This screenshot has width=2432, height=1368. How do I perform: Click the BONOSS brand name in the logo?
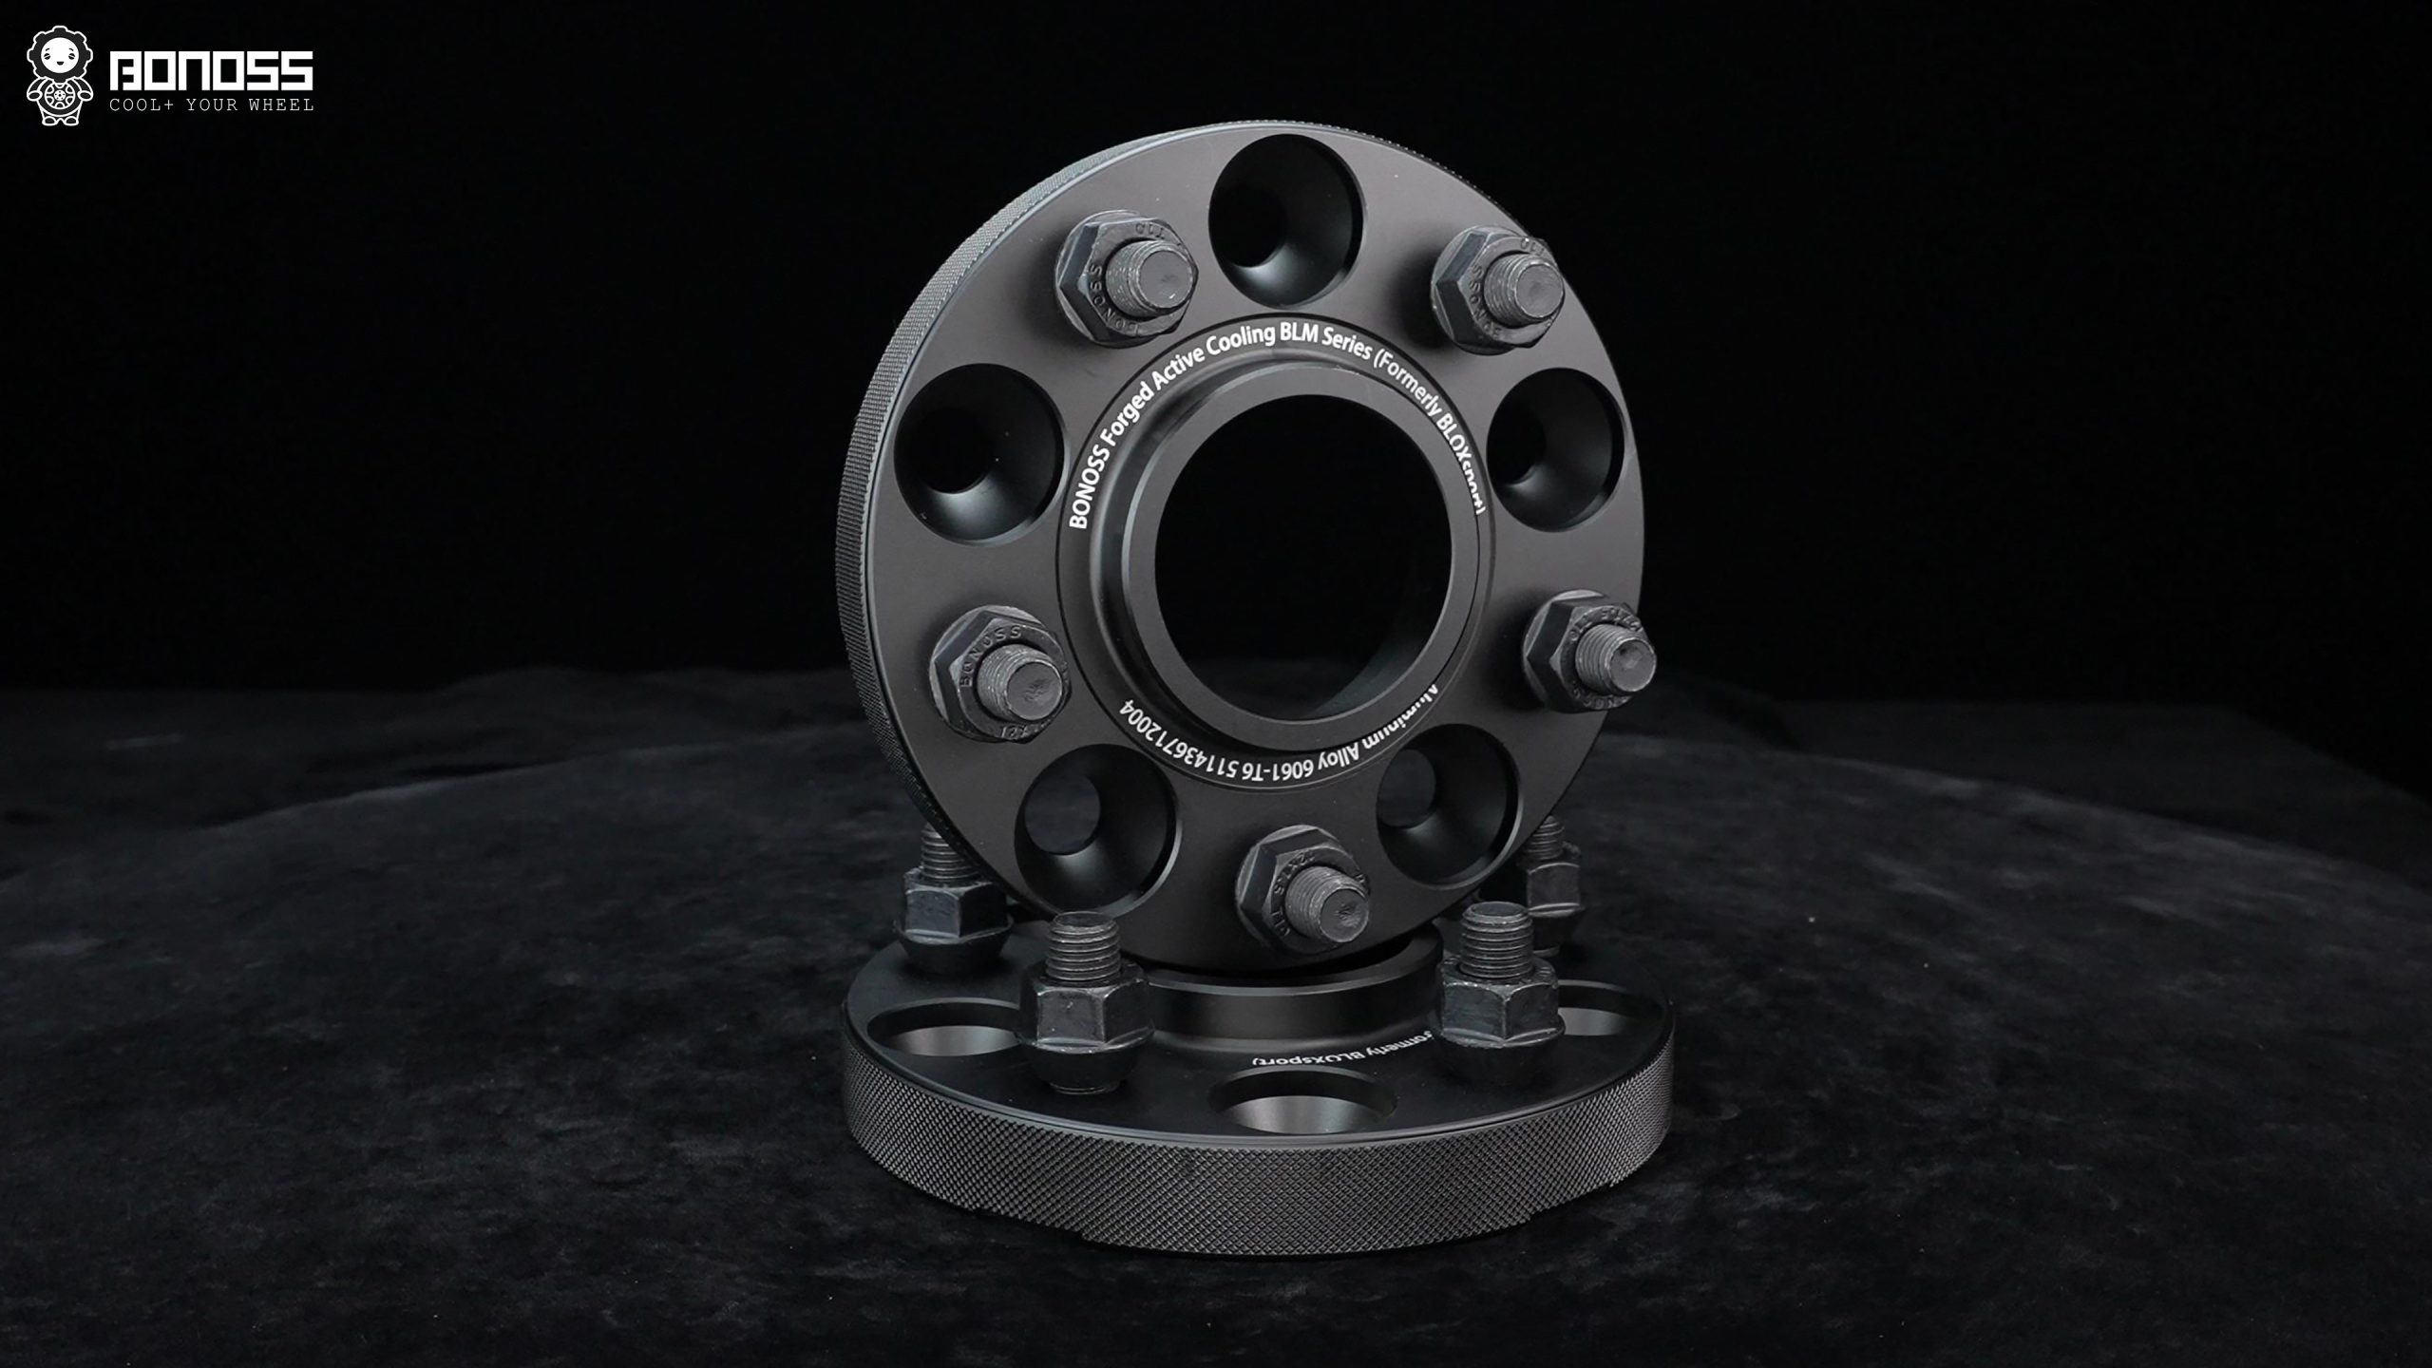[211, 71]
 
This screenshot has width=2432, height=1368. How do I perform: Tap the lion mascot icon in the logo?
[59, 77]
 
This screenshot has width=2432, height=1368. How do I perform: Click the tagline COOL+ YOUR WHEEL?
[211, 104]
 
